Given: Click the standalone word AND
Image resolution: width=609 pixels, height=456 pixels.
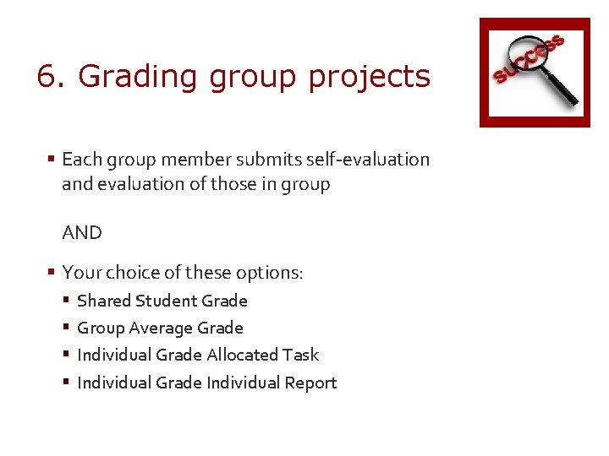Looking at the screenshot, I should coord(82,233).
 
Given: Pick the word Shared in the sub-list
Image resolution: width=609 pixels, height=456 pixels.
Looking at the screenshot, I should coord(102,301).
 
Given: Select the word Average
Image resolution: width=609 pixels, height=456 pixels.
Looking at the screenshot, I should coord(159,328).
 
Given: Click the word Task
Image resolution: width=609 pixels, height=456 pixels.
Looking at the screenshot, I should coord(301,356).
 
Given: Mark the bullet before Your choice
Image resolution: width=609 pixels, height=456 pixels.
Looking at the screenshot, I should coord(52,273).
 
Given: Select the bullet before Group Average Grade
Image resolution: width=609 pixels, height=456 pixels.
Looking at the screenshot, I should coord(67,328).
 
